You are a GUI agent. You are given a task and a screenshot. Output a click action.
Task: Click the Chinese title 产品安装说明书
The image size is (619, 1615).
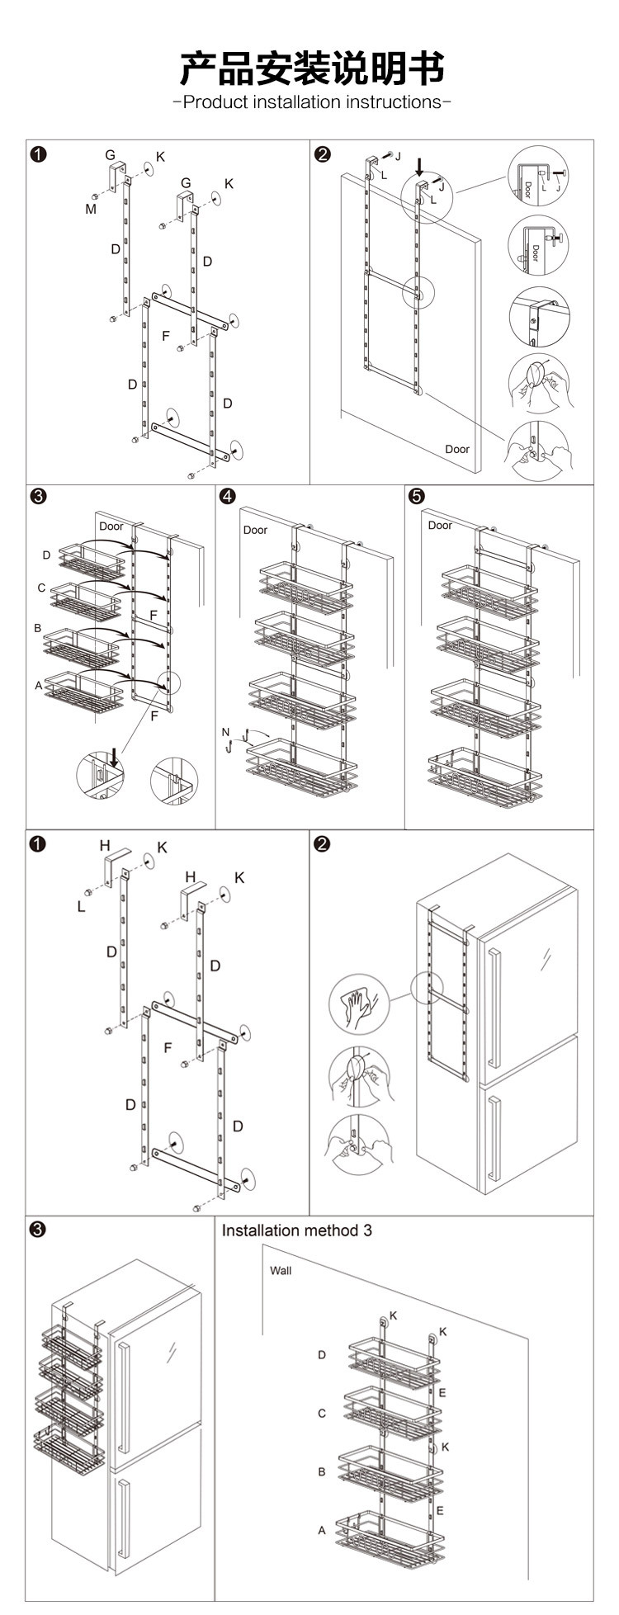pyautogui.click(x=311, y=68)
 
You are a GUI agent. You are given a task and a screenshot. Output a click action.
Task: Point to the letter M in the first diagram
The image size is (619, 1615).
pyautogui.click(x=91, y=210)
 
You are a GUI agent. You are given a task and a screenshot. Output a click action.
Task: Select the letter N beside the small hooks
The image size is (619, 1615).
pyautogui.click(x=225, y=732)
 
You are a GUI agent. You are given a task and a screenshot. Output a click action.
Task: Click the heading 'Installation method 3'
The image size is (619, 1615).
pyautogui.click(x=296, y=1230)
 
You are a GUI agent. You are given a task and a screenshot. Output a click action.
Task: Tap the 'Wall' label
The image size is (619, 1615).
pyautogui.click(x=281, y=1270)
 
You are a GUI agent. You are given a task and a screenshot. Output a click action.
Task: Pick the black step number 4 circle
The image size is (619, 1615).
pyautogui.click(x=228, y=495)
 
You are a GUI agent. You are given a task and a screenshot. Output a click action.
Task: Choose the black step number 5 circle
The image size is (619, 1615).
pyautogui.click(x=416, y=495)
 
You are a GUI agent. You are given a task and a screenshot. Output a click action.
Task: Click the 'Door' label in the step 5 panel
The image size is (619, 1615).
pyautogui.click(x=440, y=526)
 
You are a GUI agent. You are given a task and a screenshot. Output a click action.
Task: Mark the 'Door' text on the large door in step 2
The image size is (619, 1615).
pyautogui.click(x=457, y=449)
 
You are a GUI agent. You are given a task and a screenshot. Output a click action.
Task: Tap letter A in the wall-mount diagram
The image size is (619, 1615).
pyautogui.click(x=322, y=1530)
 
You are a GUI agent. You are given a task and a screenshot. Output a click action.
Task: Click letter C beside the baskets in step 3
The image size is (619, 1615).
pyautogui.click(x=41, y=588)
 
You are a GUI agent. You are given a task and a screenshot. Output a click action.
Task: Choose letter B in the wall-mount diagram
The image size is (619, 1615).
pyautogui.click(x=322, y=1471)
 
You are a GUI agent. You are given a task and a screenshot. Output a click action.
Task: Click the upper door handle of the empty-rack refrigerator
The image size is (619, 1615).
pyautogui.click(x=494, y=1008)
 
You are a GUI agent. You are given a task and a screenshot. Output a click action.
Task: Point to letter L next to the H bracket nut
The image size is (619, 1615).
pyautogui.click(x=82, y=907)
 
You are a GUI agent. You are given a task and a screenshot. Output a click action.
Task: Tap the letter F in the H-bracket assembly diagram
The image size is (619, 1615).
pyautogui.click(x=168, y=1047)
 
